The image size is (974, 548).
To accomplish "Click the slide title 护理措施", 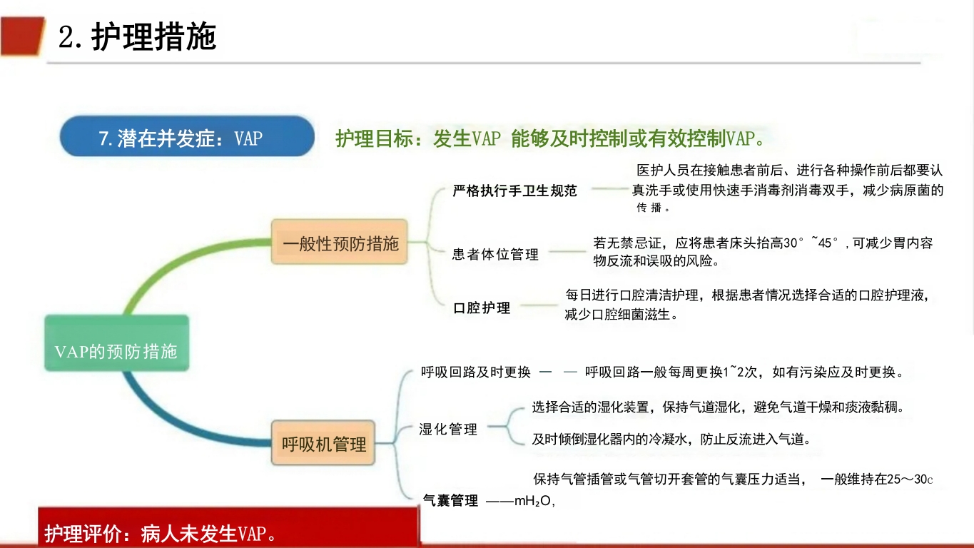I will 153,37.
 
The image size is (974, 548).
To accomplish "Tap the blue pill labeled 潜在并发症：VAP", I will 187,137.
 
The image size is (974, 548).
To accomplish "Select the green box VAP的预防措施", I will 116,351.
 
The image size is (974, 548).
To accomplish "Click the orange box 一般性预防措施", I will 340,243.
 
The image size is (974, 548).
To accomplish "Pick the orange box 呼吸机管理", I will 324,444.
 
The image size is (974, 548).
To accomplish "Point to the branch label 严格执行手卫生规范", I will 514,191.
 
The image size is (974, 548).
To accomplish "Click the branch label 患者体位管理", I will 495,254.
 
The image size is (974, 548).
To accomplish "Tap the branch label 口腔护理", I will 482,308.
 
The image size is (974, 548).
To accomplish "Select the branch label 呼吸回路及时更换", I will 475,372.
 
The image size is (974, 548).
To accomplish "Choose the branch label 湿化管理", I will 448,430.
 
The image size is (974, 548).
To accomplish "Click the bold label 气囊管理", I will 450,501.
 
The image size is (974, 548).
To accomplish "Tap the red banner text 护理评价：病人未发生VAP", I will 161,534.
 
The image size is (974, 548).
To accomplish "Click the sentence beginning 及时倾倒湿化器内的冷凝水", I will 671,439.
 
